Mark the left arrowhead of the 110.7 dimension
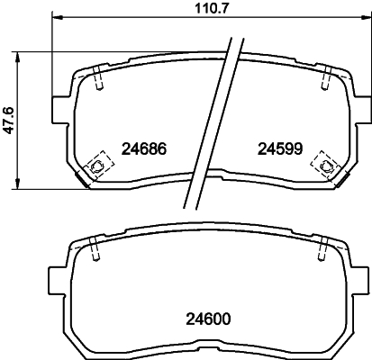click(56, 20)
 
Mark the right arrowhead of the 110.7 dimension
click(358, 20)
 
